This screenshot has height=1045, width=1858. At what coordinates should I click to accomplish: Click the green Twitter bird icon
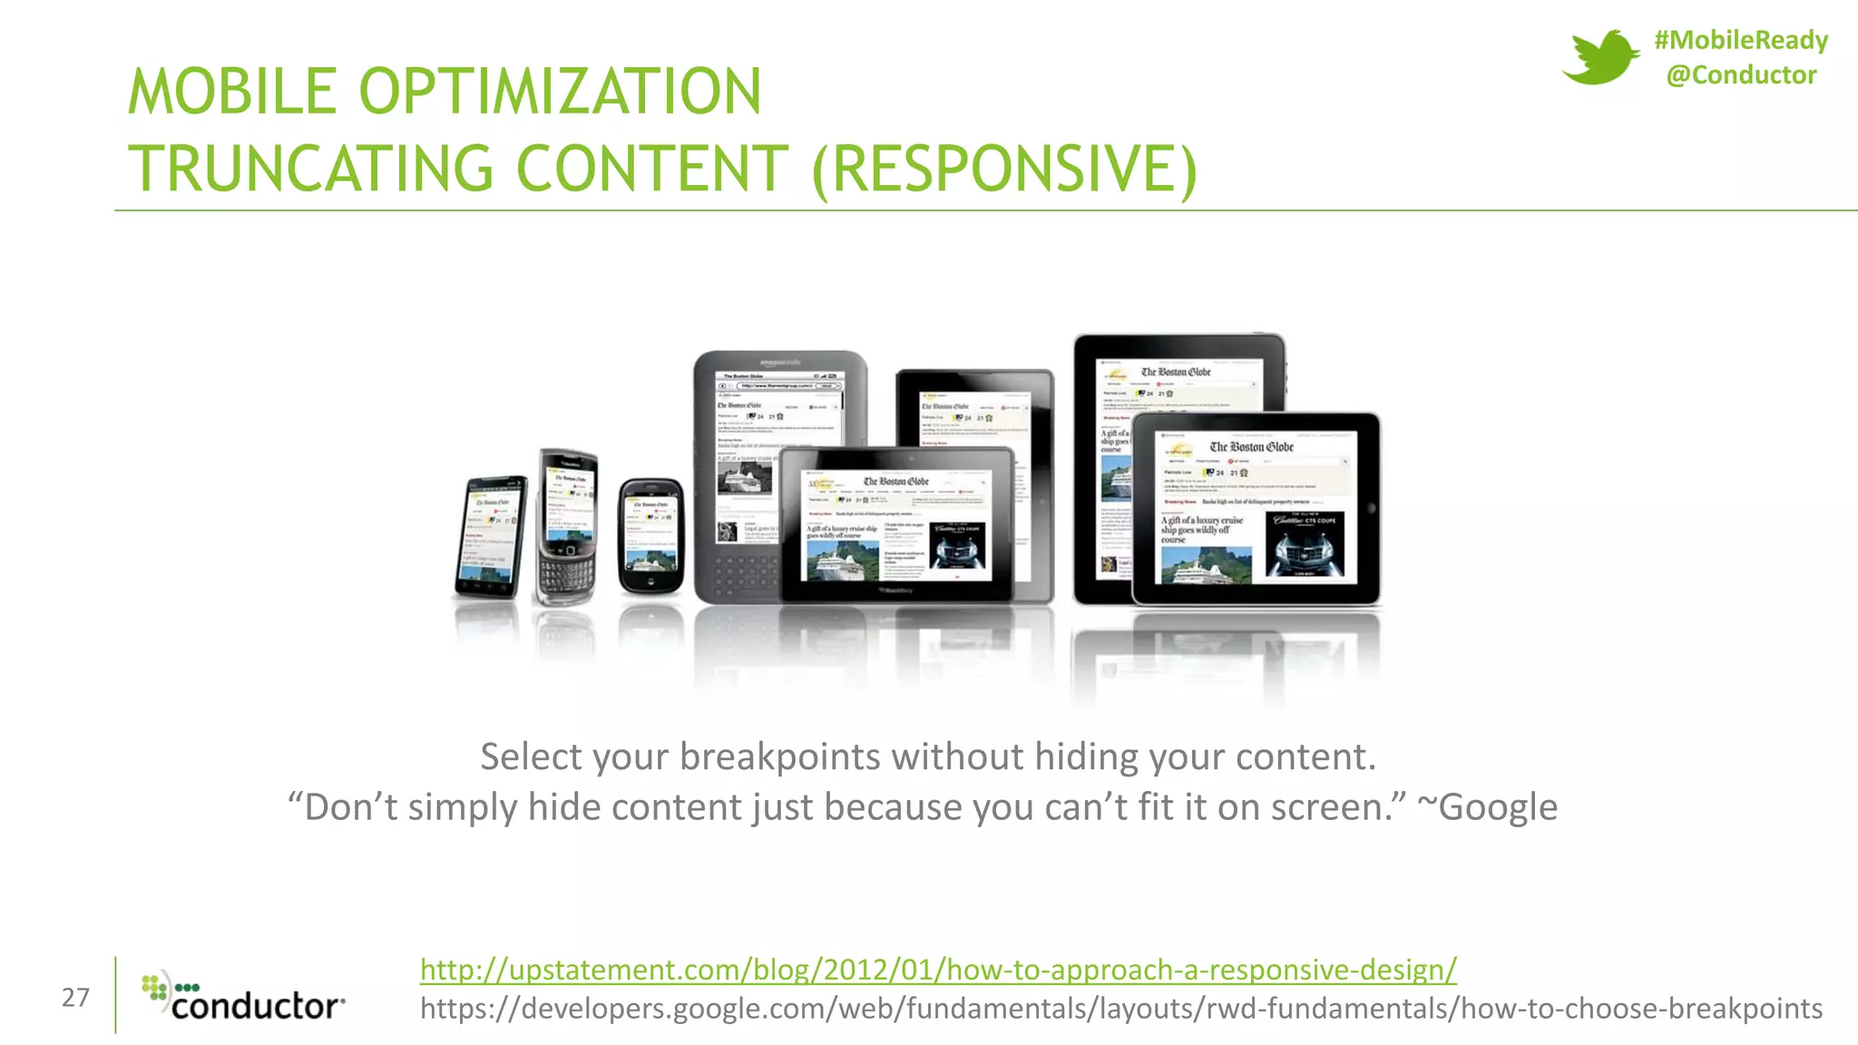tap(1600, 56)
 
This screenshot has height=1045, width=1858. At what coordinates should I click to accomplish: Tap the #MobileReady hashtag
tap(1740, 40)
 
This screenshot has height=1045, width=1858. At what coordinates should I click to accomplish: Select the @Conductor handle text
tap(1741, 74)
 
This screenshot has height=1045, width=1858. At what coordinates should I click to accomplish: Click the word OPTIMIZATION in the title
tap(560, 92)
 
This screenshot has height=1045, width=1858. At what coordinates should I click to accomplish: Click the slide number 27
tap(75, 998)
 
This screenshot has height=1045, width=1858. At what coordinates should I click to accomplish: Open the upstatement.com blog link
tap(937, 970)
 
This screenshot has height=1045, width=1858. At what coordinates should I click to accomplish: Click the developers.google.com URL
tap(1120, 1009)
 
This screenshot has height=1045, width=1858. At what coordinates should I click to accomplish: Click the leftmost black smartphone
tap(490, 537)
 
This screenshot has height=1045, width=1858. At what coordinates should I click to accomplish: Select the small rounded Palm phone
tap(650, 537)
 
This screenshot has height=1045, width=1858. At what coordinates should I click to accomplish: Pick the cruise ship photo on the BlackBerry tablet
tap(843, 558)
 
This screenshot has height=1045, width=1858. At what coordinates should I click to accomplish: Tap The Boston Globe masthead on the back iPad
tap(1176, 372)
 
